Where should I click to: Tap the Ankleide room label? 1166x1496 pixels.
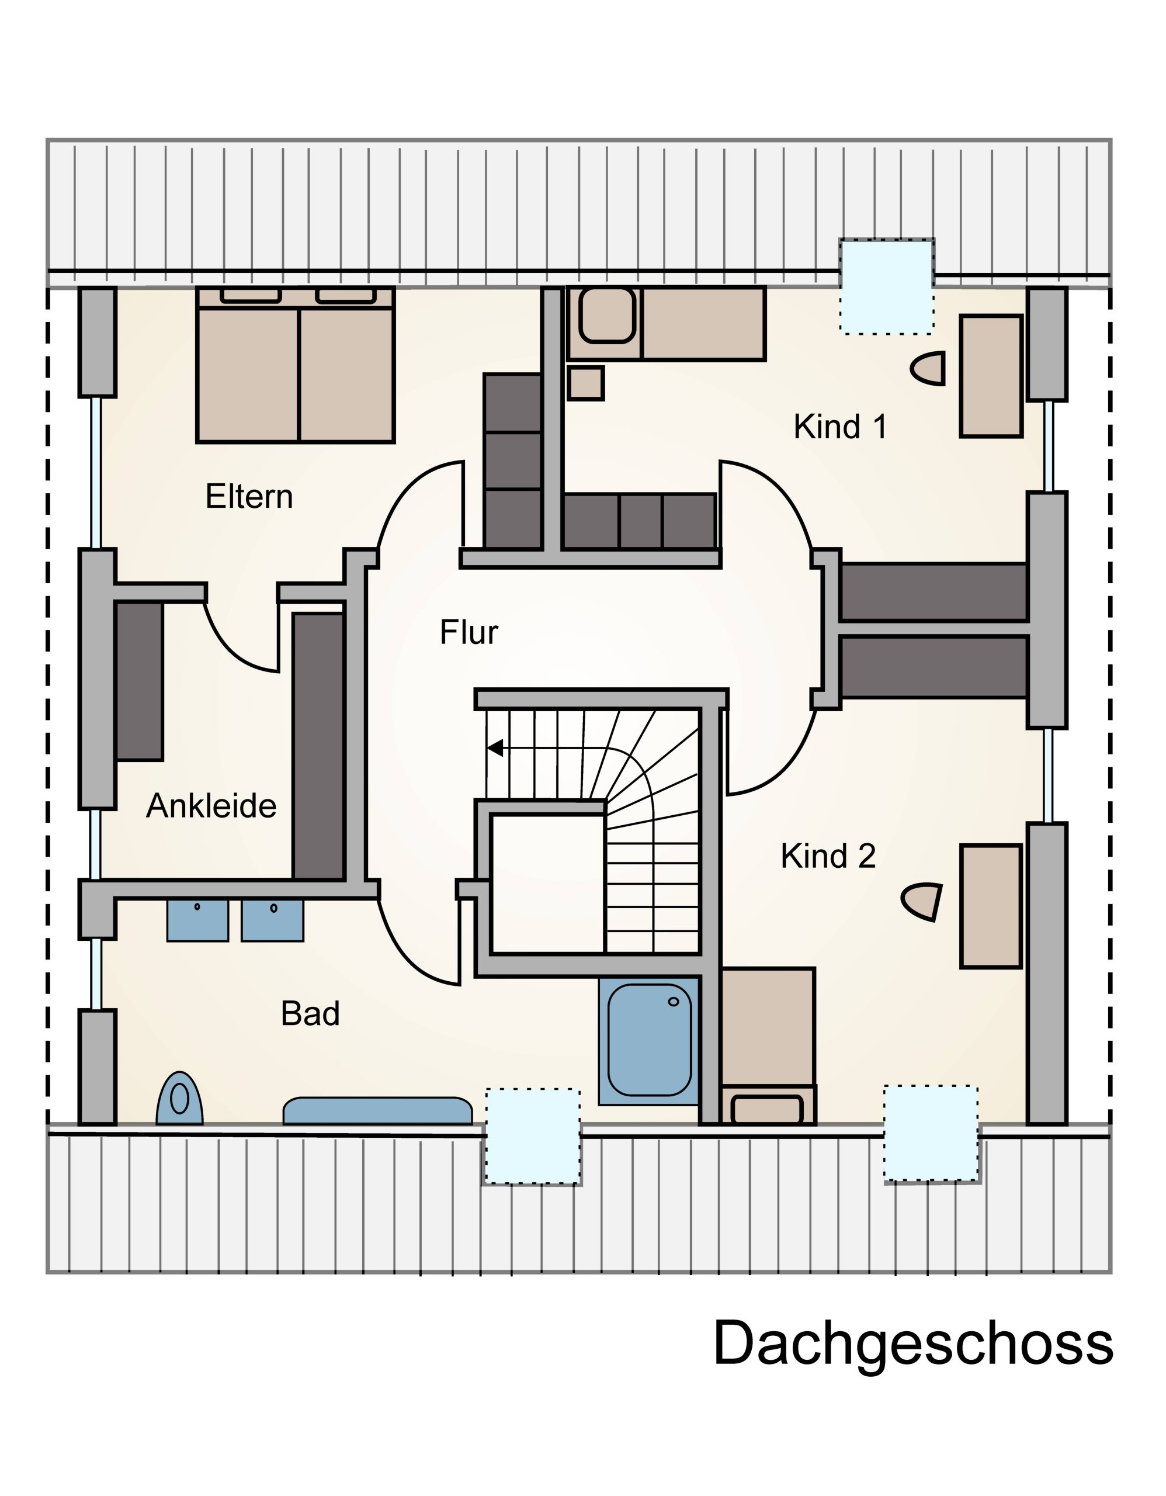(211, 806)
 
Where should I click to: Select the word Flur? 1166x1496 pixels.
(469, 632)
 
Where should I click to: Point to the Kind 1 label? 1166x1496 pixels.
(840, 427)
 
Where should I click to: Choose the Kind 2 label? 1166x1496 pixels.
(828, 856)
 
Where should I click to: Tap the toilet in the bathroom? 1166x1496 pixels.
(179, 1099)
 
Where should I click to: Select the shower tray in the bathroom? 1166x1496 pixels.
(649, 1041)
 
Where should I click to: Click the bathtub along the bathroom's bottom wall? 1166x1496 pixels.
(378, 1110)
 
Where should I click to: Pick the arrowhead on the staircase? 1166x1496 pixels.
(494, 748)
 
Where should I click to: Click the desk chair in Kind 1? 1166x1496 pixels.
(929, 369)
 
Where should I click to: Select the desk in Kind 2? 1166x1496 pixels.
(991, 906)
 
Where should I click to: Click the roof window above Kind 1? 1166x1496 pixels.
(887, 286)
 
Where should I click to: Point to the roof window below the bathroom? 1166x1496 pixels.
(533, 1135)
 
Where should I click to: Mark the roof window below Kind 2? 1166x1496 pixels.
(931, 1133)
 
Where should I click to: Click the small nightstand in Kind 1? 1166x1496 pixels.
(586, 383)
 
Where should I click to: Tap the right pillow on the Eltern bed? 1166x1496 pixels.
(346, 295)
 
